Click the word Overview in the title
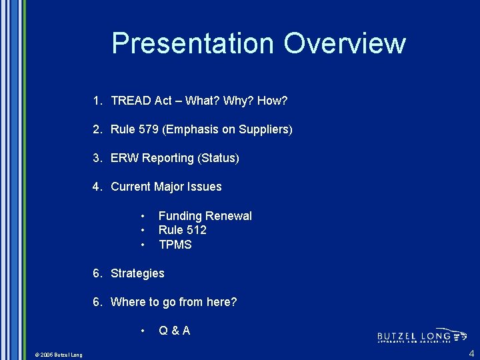(344, 43)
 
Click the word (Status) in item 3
(218, 158)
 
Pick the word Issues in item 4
(206, 187)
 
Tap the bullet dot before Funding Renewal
(143, 216)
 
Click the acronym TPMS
(175, 245)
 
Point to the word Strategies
(137, 273)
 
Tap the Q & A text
(174, 331)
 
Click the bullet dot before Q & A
(143, 331)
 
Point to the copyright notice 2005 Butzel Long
(59, 355)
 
